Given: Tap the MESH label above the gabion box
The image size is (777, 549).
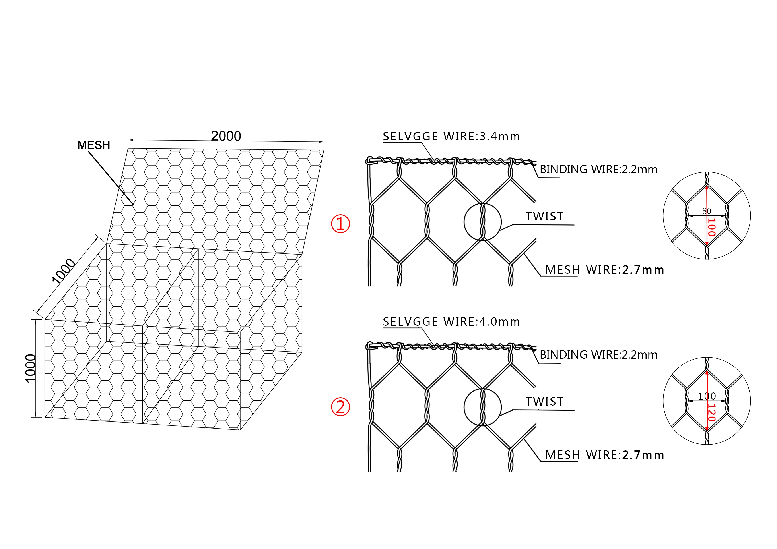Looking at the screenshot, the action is [x=94, y=145].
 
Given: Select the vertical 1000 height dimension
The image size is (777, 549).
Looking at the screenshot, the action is [x=31, y=368].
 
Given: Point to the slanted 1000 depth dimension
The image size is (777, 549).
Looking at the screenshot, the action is [x=64, y=270].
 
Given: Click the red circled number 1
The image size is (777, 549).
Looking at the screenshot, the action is [x=340, y=224].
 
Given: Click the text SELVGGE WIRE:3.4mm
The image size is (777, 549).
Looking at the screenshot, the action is [x=451, y=137].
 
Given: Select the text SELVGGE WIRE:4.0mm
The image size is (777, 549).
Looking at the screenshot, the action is [x=451, y=322].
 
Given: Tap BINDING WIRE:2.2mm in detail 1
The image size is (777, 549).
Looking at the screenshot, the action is [x=598, y=170].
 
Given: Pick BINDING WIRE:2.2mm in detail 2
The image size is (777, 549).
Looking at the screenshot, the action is [x=598, y=355].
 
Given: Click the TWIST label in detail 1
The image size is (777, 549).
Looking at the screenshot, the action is [x=544, y=217].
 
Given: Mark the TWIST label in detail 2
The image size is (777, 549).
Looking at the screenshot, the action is [x=544, y=402].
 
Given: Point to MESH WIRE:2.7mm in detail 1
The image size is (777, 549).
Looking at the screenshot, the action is [x=604, y=270].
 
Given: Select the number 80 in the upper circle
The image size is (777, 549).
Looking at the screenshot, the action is [x=707, y=211].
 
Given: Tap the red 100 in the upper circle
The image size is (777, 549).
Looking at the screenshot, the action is [x=711, y=227].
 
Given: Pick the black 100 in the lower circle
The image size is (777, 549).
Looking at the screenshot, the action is [x=707, y=396].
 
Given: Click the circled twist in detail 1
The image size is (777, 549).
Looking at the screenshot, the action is [x=482, y=222].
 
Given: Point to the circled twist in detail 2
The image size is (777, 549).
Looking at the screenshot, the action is [x=482, y=407].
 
